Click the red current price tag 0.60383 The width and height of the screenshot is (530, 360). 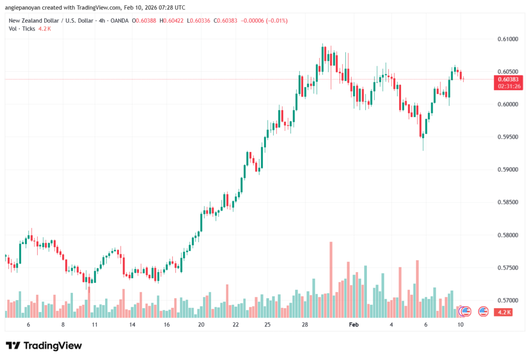tap(507, 79)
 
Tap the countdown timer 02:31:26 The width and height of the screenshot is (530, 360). tap(507, 86)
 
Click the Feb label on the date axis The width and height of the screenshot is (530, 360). tap(354, 324)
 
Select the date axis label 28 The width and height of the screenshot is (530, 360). tap(305, 324)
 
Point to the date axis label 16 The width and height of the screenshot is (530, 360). tap(167, 324)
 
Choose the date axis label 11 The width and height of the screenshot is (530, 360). tap(95, 324)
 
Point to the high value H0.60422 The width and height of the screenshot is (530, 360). tap(175, 21)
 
